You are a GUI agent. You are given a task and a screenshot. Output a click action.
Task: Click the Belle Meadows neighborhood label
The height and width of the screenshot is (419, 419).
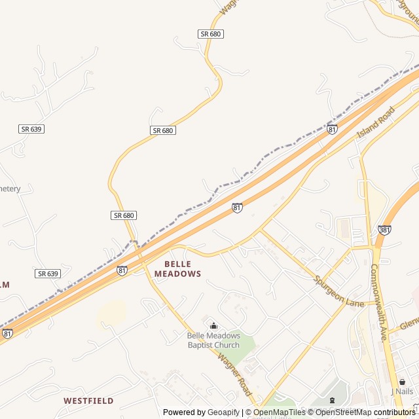tap(177, 268)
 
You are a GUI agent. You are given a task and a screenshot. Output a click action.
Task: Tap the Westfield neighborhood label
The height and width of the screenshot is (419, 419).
tap(88, 400)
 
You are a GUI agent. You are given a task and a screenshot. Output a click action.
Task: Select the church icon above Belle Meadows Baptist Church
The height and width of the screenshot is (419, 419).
tap(213, 325)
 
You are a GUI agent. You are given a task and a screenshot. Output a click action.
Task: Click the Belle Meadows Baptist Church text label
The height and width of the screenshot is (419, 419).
tap(213, 340)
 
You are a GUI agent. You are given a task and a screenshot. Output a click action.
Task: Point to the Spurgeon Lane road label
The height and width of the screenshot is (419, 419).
tap(338, 291)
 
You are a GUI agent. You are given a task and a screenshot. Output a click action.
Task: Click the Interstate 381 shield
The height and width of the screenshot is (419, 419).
tap(384, 230)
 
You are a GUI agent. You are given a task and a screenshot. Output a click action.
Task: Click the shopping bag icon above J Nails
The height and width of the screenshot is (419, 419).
tap(402, 382)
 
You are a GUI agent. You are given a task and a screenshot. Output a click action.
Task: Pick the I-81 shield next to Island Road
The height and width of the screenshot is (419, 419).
tap(333, 130)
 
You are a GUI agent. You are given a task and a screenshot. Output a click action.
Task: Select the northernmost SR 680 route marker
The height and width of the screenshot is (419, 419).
tap(211, 33)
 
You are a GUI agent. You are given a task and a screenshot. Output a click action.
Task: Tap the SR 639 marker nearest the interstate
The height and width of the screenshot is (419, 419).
tap(48, 274)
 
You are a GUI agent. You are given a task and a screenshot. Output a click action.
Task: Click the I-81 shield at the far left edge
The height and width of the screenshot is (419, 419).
tap(7, 333)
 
